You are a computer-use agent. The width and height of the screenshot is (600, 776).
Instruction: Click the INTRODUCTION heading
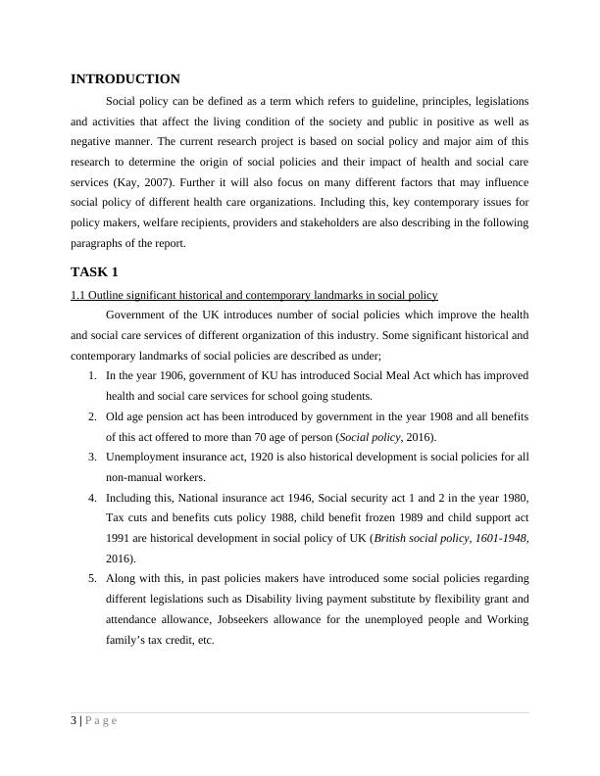point(125,79)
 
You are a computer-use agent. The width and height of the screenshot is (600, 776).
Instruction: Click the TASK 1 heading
point(94,271)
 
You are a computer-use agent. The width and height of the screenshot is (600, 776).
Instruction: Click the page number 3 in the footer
point(74,721)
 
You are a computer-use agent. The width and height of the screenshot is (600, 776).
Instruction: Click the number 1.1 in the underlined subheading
point(78,295)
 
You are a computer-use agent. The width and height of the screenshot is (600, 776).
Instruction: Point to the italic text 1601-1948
point(496,538)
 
